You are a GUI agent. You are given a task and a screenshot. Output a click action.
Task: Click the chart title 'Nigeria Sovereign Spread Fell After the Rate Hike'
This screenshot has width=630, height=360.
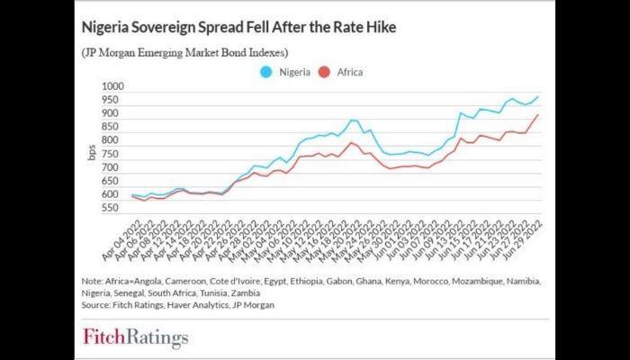pyautogui.click(x=238, y=28)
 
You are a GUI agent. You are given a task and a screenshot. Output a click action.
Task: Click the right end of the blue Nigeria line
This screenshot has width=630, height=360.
pyautogui.click(x=539, y=96)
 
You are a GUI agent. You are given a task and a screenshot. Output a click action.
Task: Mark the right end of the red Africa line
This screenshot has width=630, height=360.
pyautogui.click(x=539, y=114)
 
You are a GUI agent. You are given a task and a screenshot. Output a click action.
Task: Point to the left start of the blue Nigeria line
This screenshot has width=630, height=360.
pyautogui.click(x=131, y=195)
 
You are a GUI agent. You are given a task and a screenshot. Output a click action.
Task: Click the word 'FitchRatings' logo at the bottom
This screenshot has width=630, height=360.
pyautogui.click(x=136, y=338)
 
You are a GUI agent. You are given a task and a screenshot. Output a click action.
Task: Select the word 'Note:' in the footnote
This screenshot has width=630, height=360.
pyautogui.click(x=94, y=281)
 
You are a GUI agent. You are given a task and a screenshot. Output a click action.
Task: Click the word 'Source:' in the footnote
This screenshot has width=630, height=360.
pyautogui.click(x=99, y=306)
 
